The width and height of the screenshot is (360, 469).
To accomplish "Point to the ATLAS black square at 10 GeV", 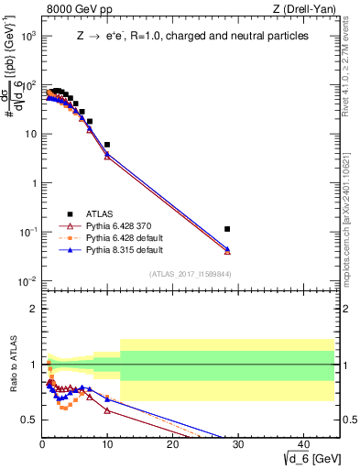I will (x=107, y=145).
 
